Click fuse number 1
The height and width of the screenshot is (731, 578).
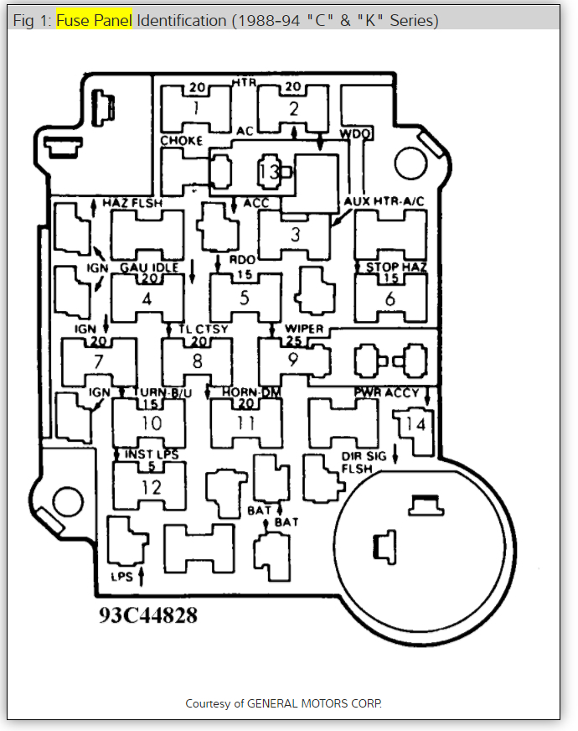point(195,108)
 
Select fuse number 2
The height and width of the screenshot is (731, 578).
point(292,108)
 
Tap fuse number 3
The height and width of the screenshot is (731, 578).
point(295,235)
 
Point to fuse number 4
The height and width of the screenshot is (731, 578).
point(147,298)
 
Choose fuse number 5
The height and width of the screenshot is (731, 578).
point(245,298)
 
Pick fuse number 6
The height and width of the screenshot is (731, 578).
point(390,298)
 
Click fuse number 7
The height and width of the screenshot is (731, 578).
point(98,362)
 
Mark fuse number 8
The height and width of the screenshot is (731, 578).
point(197,362)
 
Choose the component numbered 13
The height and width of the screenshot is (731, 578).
point(268,172)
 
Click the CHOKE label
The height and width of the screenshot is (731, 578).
point(182,141)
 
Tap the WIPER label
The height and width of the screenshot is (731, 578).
point(304,329)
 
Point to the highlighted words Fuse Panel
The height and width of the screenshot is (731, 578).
point(94,20)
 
